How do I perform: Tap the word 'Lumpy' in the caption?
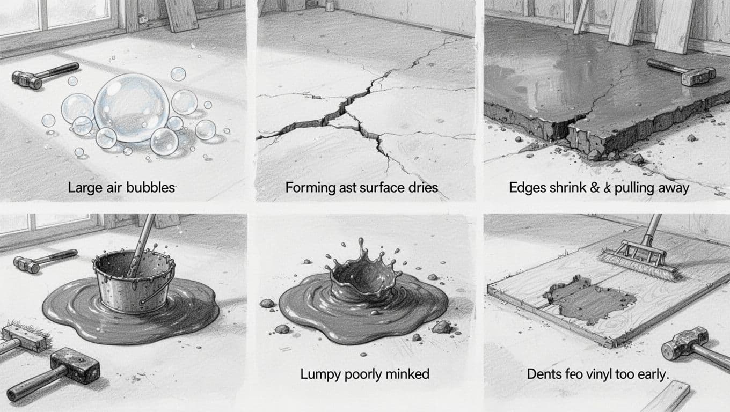coord(317,374)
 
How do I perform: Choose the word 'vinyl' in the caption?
coord(596,374)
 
